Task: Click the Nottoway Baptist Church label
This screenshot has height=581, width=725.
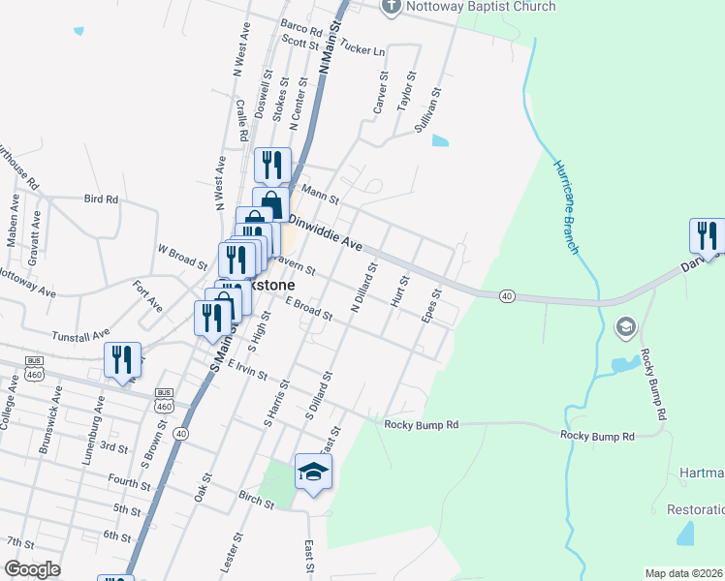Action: pyautogui.click(x=482, y=7)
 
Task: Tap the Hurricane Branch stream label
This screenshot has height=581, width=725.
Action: pyautogui.click(x=567, y=205)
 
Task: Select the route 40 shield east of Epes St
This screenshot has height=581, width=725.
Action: pyautogui.click(x=507, y=294)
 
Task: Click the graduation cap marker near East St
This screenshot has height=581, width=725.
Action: pyautogui.click(x=313, y=472)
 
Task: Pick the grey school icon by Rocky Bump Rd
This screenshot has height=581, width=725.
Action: pyautogui.click(x=625, y=327)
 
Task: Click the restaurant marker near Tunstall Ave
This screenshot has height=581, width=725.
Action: pyautogui.click(x=122, y=359)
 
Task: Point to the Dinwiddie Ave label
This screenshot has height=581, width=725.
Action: pyautogui.click(x=326, y=232)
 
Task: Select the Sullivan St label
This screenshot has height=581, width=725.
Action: pyautogui.click(x=428, y=109)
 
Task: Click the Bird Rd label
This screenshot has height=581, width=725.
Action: pyautogui.click(x=101, y=199)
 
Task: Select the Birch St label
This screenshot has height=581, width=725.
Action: pyautogui.click(x=256, y=496)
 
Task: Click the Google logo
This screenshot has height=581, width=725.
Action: pyautogui.click(x=32, y=569)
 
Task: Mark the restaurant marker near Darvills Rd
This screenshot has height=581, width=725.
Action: pyautogui.click(x=707, y=236)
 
